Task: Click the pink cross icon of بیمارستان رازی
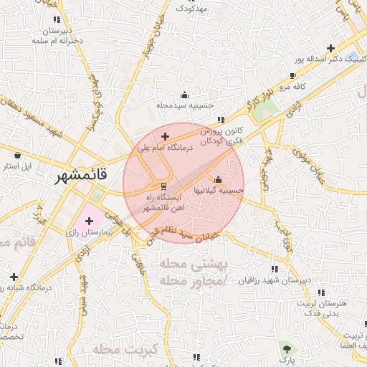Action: (x=89, y=221)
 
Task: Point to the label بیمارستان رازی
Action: (x=85, y=234)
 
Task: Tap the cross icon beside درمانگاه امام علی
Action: (x=166, y=135)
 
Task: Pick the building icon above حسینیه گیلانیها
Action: (x=218, y=179)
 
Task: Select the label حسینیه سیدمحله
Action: (x=186, y=105)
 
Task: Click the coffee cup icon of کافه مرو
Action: (x=292, y=76)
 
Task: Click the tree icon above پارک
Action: (x=287, y=347)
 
